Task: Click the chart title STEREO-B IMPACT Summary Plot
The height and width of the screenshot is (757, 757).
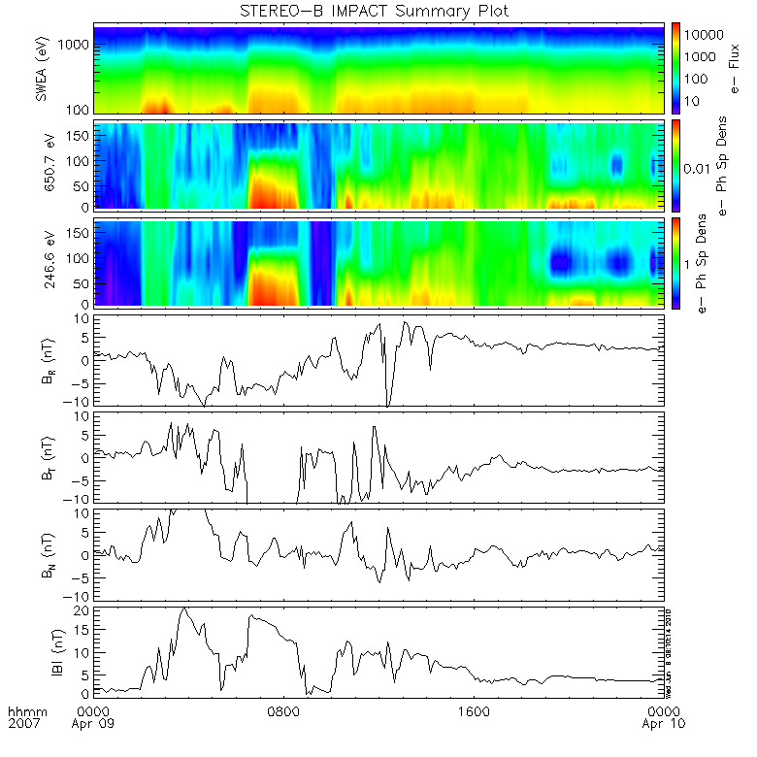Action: click(374, 11)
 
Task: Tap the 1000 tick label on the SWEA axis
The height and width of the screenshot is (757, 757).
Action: click(78, 45)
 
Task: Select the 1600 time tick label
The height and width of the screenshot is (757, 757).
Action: click(473, 711)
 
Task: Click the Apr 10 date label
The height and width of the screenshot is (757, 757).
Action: click(662, 725)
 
